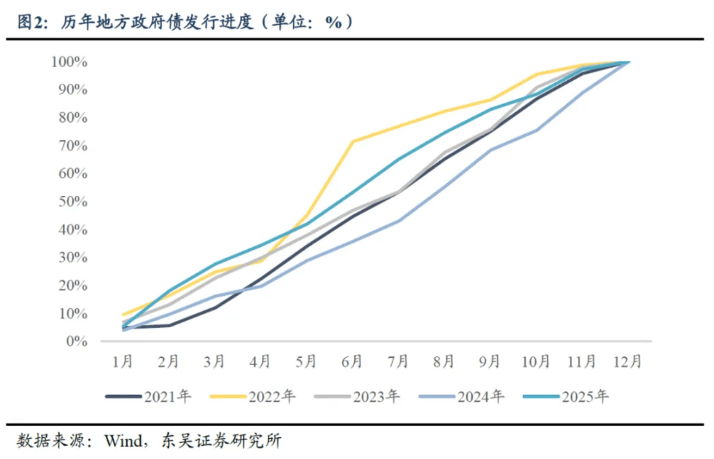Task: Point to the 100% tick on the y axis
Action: point(69,62)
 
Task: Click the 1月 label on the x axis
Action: point(123,361)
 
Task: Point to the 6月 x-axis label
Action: point(353,361)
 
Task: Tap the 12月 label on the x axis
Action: point(628,361)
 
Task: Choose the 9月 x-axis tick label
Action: point(490,361)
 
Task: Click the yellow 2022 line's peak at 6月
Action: point(353,142)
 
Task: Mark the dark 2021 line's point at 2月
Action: point(169,325)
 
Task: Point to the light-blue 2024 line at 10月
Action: point(536,130)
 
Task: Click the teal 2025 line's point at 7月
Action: point(399,158)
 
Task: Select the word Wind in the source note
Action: point(122,441)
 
